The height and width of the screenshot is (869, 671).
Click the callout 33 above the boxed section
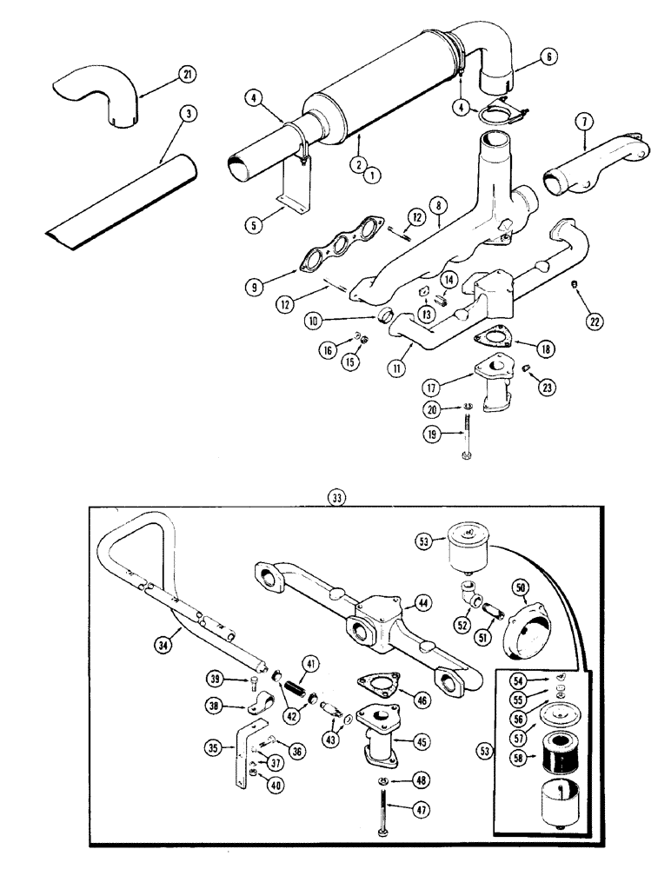coord(335,497)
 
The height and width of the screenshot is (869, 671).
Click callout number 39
coord(215,678)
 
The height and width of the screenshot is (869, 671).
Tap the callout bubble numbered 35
coord(215,746)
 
